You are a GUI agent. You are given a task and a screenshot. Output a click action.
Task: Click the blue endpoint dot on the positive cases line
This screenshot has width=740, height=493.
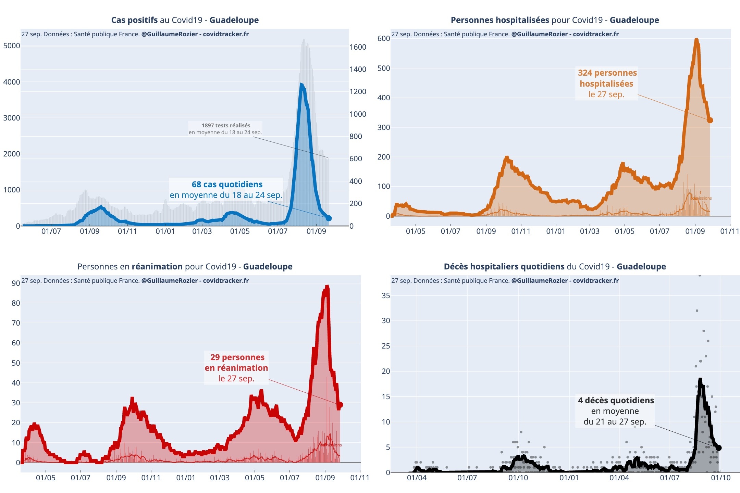pyautogui.click(x=329, y=218)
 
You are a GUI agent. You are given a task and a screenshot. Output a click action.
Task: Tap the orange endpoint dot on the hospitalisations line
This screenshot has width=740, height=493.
pyautogui.click(x=710, y=120)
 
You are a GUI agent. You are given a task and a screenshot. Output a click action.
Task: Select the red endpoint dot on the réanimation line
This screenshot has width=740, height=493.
pyautogui.click(x=340, y=405)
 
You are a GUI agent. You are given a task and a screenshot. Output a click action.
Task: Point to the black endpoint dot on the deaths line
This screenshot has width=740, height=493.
pyautogui.click(x=719, y=448)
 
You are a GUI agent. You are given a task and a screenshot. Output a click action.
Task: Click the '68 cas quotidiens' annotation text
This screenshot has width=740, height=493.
pyautogui.click(x=227, y=185)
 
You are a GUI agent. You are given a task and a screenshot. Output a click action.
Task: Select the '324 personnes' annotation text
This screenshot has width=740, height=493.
pyautogui.click(x=607, y=73)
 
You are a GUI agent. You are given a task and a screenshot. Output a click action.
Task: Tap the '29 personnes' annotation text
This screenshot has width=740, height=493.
pyautogui.click(x=237, y=357)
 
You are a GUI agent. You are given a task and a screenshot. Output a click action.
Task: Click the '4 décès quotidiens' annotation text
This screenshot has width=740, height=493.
pyautogui.click(x=616, y=401)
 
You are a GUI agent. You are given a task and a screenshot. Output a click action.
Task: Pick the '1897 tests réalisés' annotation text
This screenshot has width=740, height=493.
pyautogui.click(x=226, y=126)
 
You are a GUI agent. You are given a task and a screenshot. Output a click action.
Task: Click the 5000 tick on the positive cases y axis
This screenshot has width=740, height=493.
pyautogui.click(x=12, y=46)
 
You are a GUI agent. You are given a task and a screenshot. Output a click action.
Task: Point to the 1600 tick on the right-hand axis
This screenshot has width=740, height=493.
pyautogui.click(x=358, y=47)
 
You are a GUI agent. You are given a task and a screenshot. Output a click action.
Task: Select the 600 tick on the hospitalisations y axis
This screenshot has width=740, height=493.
pyautogui.click(x=384, y=38)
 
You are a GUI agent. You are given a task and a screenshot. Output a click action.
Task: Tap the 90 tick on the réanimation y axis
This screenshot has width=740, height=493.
pyautogui.click(x=16, y=283)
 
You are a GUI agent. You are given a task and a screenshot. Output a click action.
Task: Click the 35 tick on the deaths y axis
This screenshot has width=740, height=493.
pyautogui.click(x=386, y=295)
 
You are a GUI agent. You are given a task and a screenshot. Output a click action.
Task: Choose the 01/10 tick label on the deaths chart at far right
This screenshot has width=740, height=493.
pyautogui.click(x=720, y=478)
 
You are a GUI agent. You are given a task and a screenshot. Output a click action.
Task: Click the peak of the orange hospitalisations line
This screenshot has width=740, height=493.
pyautogui.click(x=696, y=40)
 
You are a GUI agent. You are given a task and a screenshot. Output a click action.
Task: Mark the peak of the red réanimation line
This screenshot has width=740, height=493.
pyautogui.click(x=327, y=287)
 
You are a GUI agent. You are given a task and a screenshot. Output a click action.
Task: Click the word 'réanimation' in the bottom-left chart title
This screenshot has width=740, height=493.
pyautogui.click(x=157, y=267)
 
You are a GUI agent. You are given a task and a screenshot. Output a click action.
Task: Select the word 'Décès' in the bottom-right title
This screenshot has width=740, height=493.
pyautogui.click(x=456, y=267)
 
